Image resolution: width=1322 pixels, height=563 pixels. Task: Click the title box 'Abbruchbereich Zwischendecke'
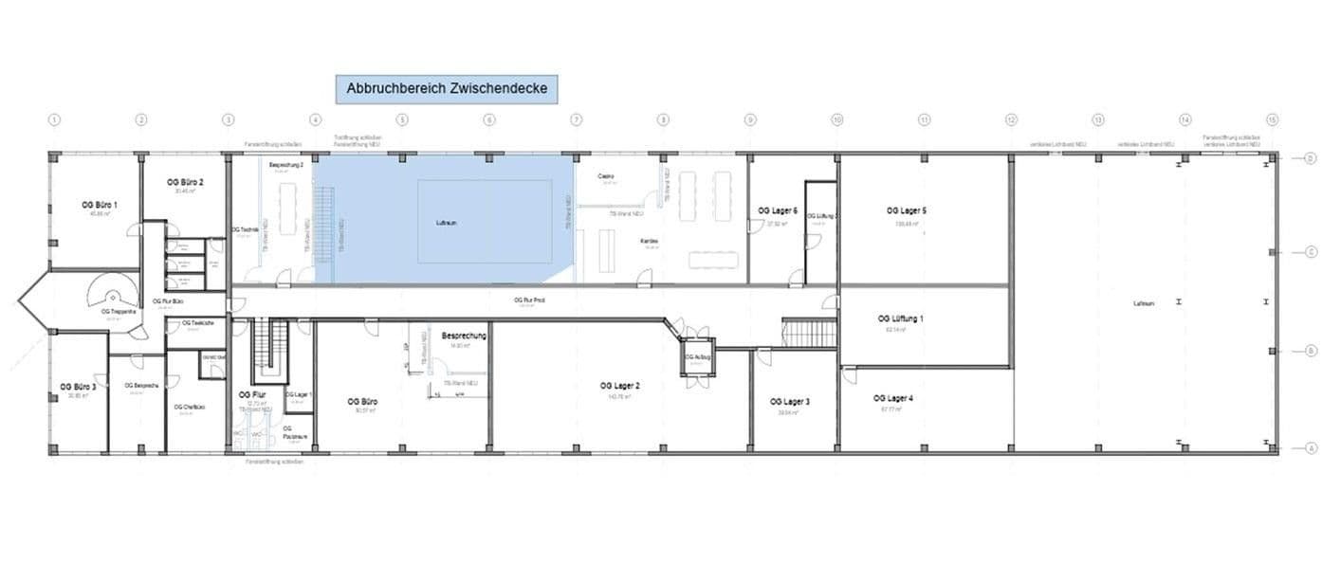click(447, 89)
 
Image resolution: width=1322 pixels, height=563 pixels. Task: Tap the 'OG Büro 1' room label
click(96, 205)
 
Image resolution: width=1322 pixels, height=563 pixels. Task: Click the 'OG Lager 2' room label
click(620, 386)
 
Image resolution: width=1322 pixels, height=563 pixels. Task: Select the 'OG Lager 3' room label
click(790, 402)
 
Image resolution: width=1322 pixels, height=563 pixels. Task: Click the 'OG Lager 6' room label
click(777, 209)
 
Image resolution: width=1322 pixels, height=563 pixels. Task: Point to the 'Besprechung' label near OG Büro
click(464, 336)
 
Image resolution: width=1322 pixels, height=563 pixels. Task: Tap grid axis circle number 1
click(54, 120)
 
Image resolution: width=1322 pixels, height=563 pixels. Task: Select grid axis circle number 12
click(1011, 120)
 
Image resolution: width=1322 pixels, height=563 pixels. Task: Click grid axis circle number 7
click(576, 120)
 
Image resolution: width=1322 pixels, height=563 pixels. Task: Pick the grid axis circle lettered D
click(1310, 158)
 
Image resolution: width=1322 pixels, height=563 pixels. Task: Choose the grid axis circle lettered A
click(1310, 449)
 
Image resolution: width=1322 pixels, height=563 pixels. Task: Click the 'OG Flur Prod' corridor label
click(528, 300)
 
